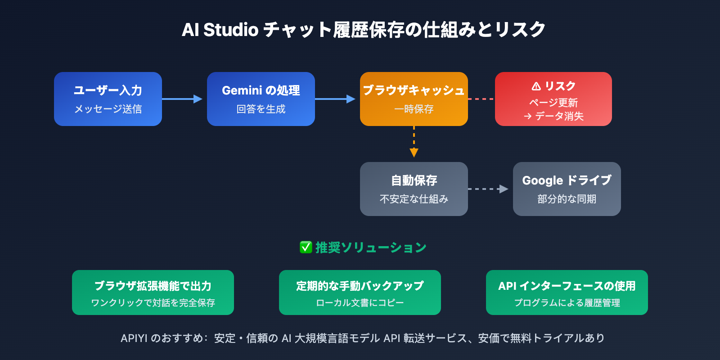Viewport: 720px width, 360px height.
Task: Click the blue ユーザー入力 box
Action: point(108,99)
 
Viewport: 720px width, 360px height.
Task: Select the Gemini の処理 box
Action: point(261,99)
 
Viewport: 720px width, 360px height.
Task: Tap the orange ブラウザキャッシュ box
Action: point(414,99)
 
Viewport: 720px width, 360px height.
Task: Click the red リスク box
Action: point(553,99)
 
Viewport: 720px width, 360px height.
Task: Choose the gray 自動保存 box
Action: point(414,189)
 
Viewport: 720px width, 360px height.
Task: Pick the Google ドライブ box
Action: point(567,189)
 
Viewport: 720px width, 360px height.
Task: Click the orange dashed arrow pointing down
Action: point(414,142)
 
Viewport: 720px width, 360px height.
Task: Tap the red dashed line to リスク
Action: point(481,99)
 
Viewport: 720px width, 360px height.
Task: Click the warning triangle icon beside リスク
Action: point(536,86)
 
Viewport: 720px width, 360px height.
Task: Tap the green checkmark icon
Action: point(306,247)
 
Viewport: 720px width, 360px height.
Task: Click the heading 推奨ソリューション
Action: point(371,247)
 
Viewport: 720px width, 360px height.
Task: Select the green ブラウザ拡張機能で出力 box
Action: point(153,292)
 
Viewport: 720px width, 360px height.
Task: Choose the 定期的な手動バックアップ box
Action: point(360,292)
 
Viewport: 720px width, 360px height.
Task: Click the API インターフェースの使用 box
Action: point(567,292)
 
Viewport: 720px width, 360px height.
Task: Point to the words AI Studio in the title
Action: point(220,30)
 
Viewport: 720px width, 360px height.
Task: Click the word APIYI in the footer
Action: point(134,338)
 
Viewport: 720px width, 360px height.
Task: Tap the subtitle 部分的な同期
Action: point(567,199)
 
